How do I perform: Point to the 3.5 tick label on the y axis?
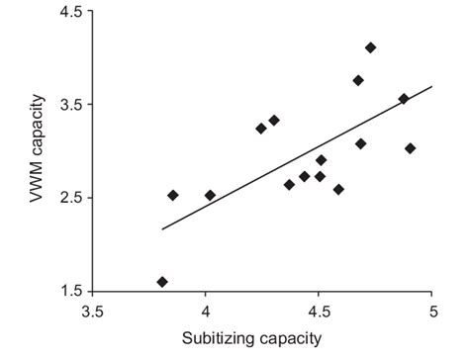(68, 104)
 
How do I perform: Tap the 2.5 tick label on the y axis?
(68, 198)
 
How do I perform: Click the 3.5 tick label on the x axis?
(92, 313)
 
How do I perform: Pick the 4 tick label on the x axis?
(205, 313)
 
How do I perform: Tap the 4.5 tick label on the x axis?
(319, 313)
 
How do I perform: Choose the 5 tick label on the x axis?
(432, 313)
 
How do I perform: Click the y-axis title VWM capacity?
(39, 148)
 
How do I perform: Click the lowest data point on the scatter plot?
(162, 282)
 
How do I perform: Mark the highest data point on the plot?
(370, 47)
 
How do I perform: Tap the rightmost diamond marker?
(410, 148)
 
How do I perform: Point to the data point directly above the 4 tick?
(210, 195)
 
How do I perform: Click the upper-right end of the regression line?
(432, 87)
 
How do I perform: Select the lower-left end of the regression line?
(162, 229)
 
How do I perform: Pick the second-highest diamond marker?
(358, 80)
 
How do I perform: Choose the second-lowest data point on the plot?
(173, 195)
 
